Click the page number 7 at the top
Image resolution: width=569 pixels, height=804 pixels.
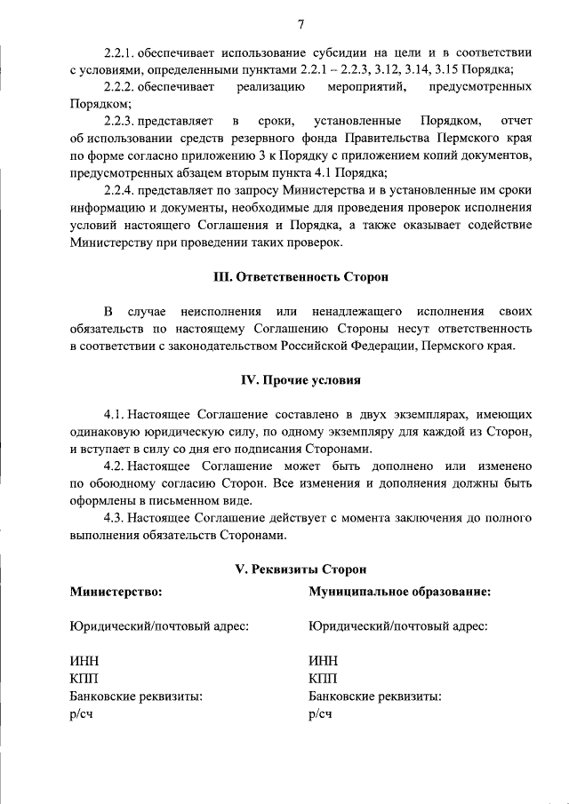pos(301,23)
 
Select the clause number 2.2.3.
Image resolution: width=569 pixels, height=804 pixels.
pos(119,121)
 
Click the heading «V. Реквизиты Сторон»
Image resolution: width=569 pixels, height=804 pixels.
pos(301,569)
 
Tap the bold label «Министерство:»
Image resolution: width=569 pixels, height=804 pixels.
pos(116,591)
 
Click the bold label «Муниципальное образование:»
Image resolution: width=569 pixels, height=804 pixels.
pos(400,591)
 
